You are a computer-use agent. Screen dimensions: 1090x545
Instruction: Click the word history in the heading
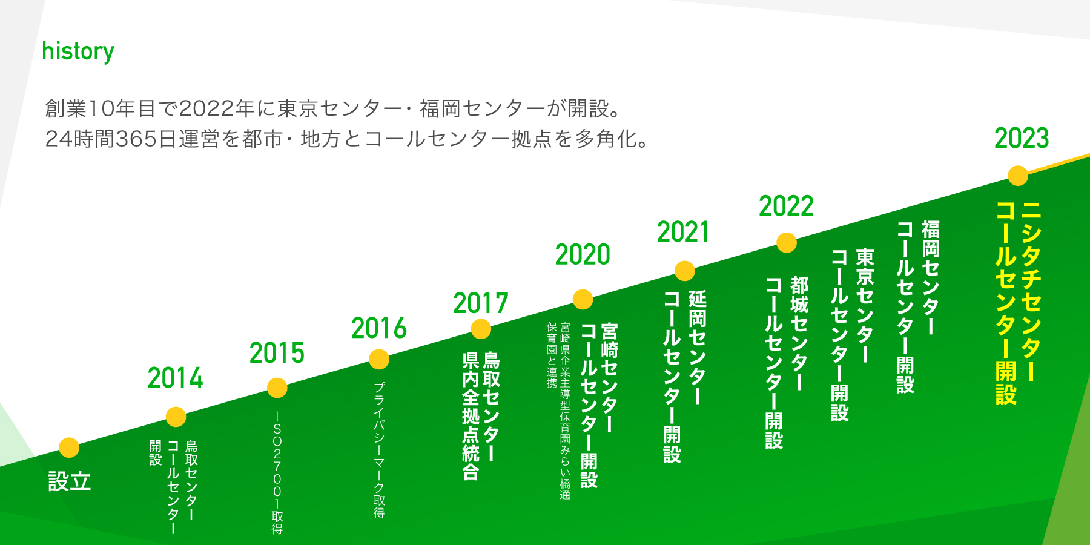click(x=78, y=52)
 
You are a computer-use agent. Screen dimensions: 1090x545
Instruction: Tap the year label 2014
click(x=176, y=378)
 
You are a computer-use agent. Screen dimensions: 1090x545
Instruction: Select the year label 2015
click(x=277, y=353)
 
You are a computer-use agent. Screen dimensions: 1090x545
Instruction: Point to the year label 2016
click(x=379, y=328)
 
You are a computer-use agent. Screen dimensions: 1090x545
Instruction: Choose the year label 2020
click(x=583, y=255)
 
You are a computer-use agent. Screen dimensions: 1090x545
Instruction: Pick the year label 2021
click(x=684, y=232)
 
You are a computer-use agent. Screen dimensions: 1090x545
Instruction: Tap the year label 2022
click(x=786, y=206)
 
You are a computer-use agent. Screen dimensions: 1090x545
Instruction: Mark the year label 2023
click(x=1022, y=139)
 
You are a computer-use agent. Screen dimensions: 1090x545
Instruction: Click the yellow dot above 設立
click(x=69, y=448)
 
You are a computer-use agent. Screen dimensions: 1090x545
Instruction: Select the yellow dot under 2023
click(x=1018, y=176)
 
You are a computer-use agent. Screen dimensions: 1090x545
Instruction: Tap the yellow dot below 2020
click(x=583, y=299)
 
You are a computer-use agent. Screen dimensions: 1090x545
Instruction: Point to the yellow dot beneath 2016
click(x=379, y=359)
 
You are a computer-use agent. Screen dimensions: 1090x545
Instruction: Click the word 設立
click(x=70, y=482)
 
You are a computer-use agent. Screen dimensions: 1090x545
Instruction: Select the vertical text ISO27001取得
click(x=277, y=473)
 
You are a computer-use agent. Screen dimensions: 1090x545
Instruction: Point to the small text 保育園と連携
click(x=552, y=355)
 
